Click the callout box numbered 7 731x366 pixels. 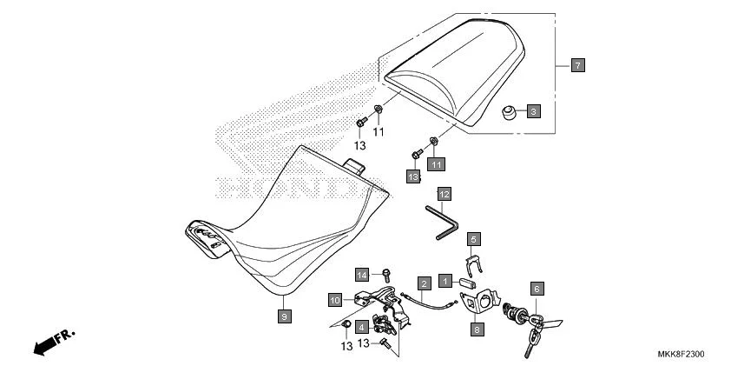coord(577,65)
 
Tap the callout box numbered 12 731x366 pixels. coord(444,193)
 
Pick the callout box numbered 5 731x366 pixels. coord(474,238)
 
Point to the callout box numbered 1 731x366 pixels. coord(445,281)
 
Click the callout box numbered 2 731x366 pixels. coord(425,283)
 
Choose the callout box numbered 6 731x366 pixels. coord(537,289)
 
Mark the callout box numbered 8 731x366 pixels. coord(477,329)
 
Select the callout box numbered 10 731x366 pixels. coord(335,300)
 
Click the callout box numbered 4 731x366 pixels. coord(361,327)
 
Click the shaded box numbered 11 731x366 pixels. coord(435,163)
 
